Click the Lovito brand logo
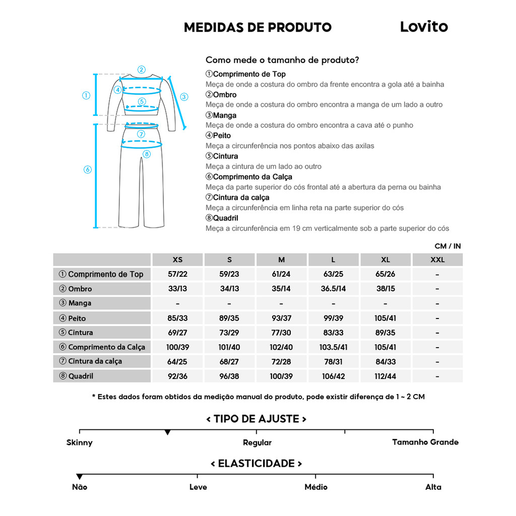pos(424,27)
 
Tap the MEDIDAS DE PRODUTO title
pos(257,27)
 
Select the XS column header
pos(177,260)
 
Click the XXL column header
pos(437,260)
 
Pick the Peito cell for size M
pos(281,318)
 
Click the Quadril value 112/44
pos(385,376)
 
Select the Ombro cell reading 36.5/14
pos(333,289)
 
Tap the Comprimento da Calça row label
pos(102,347)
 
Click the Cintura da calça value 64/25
pos(177,361)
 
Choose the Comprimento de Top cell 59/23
pos(229,274)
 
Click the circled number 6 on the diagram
pos(87,170)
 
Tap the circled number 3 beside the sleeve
pos(184,97)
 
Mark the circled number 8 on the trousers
pos(147,154)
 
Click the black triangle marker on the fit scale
pos(168,432)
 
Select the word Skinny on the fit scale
pos(80,442)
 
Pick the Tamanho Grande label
pos(425,442)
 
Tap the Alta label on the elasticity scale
pos(433,487)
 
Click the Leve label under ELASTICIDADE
pos(198,487)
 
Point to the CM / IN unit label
pos(447,246)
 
